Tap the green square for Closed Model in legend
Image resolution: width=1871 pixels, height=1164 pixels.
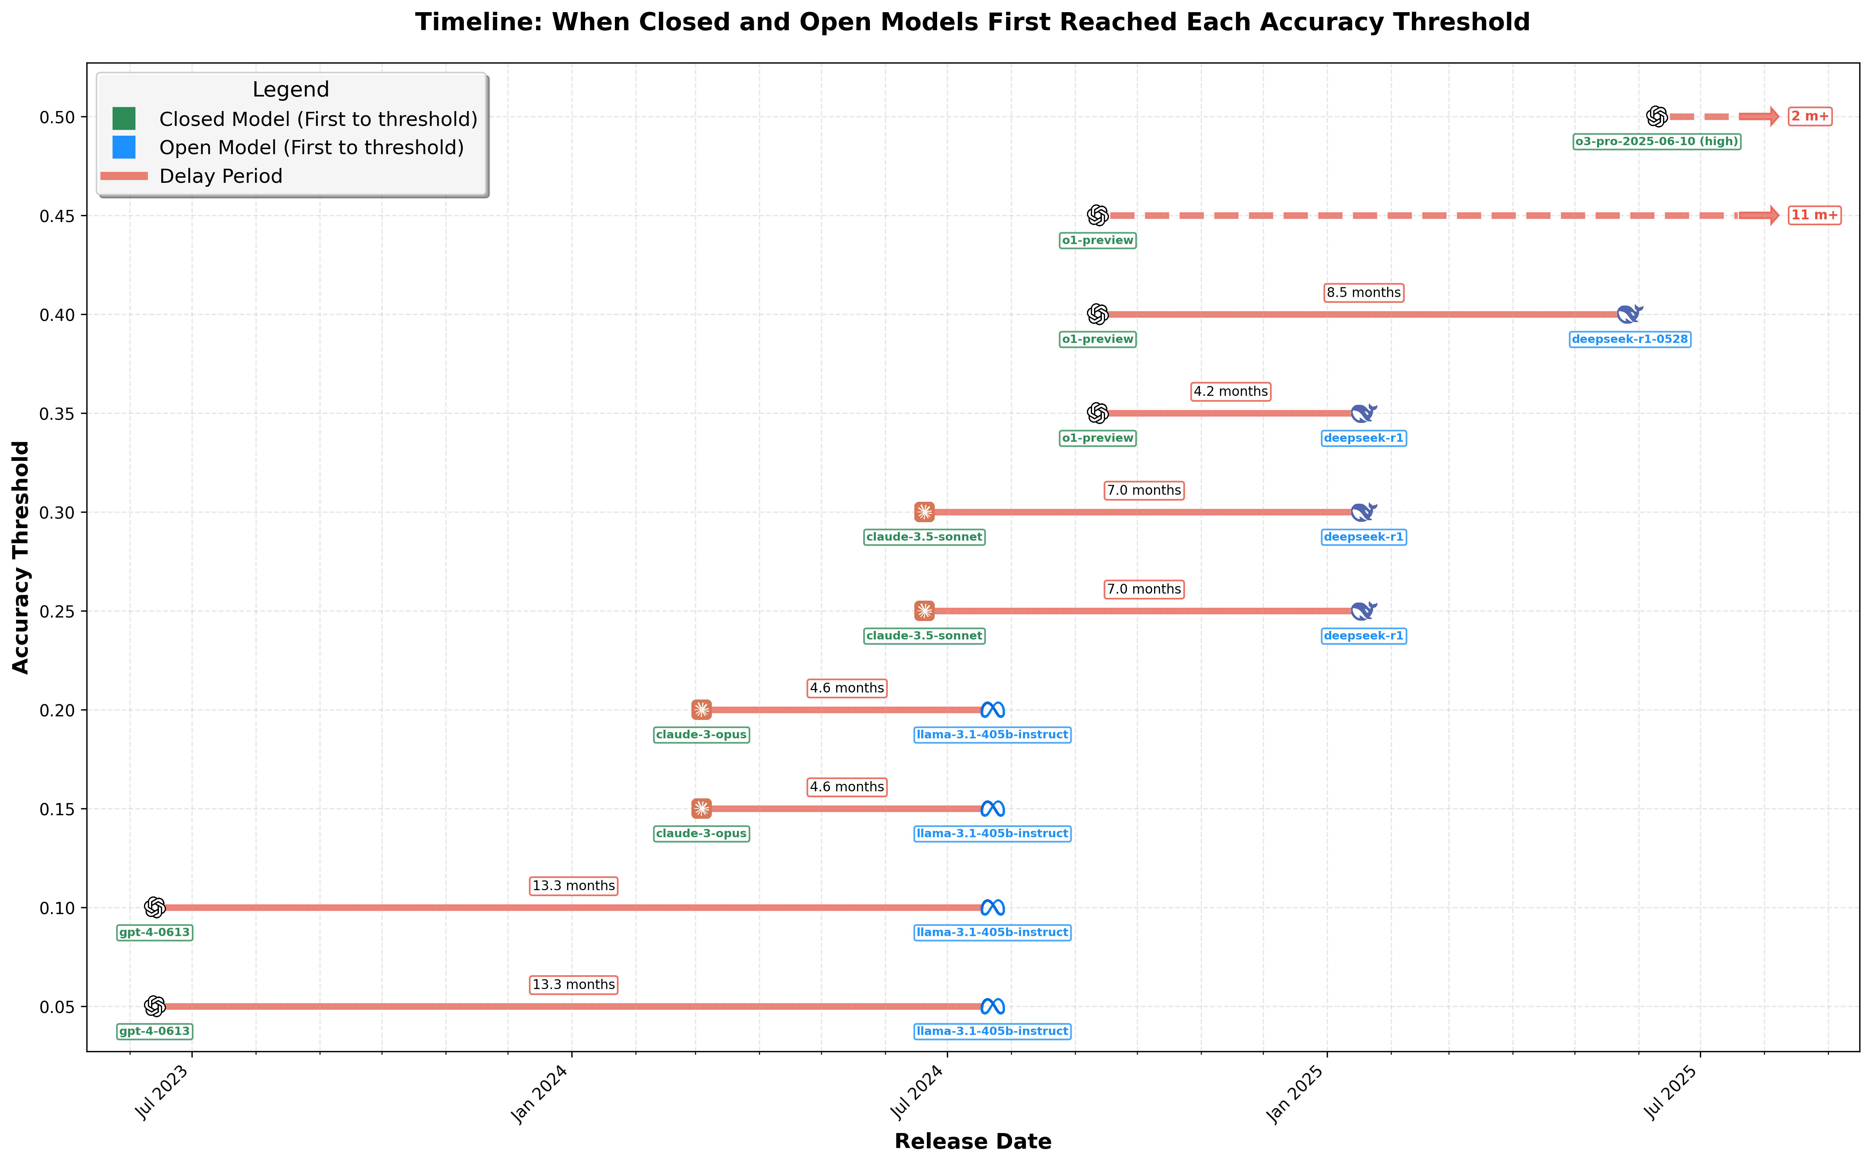tap(124, 118)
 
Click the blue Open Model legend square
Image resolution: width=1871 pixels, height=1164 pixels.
tap(124, 147)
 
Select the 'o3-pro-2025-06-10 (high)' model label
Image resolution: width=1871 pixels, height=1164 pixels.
tap(1656, 142)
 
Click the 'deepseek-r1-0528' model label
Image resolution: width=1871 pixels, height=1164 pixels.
tap(1630, 339)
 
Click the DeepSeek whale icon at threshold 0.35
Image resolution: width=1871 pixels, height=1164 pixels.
tap(1363, 414)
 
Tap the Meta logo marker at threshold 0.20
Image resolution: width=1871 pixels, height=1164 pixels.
tap(992, 710)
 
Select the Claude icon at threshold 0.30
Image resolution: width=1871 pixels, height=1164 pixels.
tap(924, 512)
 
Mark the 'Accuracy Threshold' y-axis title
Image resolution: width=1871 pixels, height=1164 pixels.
tap(21, 557)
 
